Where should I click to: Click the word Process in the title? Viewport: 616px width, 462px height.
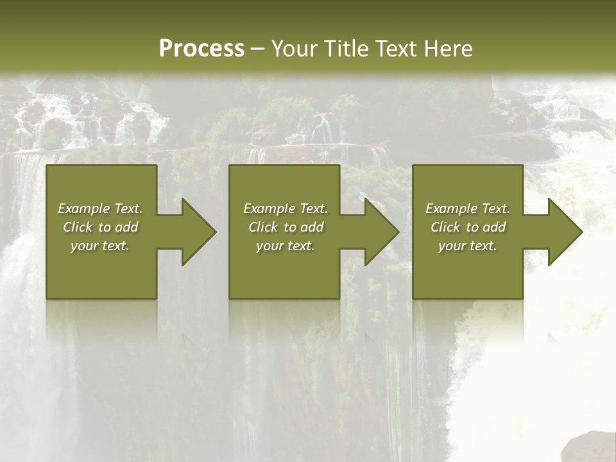(x=201, y=49)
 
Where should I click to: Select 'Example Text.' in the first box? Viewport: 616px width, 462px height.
(x=100, y=209)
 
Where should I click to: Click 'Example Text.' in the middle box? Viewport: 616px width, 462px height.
(x=286, y=209)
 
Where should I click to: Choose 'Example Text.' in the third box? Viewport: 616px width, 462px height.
(x=468, y=209)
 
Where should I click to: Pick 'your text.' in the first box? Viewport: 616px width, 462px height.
(x=100, y=246)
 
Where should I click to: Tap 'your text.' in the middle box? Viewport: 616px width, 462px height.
(x=286, y=246)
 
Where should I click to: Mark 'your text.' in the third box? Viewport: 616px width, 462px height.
(x=468, y=246)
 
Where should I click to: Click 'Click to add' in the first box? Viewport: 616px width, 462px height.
(x=100, y=227)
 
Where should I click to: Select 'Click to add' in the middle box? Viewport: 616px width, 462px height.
(x=286, y=227)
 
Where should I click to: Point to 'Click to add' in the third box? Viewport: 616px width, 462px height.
(x=468, y=227)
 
